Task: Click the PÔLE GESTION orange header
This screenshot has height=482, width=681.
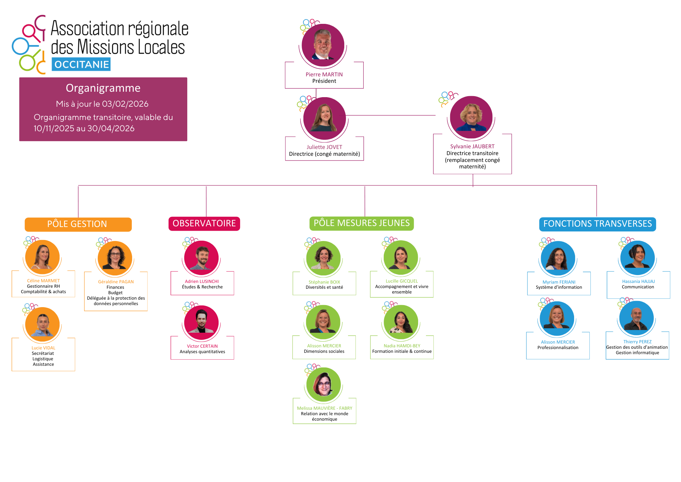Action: (x=78, y=224)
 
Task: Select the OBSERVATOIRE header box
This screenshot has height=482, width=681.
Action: (x=204, y=224)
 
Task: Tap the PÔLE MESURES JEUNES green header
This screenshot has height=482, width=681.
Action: (x=362, y=223)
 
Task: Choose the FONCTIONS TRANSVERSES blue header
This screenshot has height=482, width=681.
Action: (x=597, y=224)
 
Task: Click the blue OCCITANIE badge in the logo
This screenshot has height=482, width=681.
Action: (x=81, y=64)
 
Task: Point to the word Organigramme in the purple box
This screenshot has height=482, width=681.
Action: (x=103, y=88)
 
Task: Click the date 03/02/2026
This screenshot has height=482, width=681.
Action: (x=125, y=104)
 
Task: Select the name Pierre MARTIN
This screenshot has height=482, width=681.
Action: (x=324, y=75)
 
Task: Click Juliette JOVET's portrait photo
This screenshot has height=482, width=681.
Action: (x=324, y=118)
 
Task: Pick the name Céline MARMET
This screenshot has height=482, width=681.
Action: (x=43, y=281)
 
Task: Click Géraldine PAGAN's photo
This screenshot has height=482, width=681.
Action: (x=115, y=258)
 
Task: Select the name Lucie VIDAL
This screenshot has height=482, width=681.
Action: (x=43, y=348)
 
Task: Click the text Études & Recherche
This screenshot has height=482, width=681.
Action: (x=202, y=287)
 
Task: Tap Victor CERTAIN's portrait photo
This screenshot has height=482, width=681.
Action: (x=201, y=322)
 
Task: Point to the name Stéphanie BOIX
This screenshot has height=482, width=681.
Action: (x=324, y=282)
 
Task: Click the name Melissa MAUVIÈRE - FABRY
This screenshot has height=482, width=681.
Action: (x=324, y=408)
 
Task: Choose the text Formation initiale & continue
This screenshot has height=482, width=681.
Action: (x=402, y=351)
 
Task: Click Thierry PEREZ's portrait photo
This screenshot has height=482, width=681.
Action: (x=636, y=318)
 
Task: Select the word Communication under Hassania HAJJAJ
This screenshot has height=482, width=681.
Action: (x=638, y=287)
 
